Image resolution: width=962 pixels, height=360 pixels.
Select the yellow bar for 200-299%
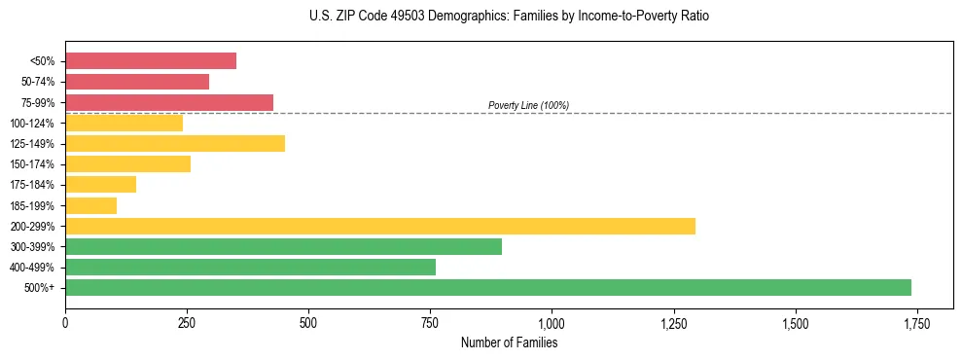(x=380, y=226)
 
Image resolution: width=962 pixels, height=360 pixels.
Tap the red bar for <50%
(x=151, y=60)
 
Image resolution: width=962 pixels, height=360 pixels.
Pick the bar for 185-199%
(x=90, y=205)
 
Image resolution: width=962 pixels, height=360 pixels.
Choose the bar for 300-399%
(x=283, y=246)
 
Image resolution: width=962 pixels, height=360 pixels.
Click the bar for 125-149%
(x=175, y=143)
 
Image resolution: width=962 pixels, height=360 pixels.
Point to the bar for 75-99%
(x=169, y=102)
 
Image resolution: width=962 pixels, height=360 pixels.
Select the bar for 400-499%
(x=250, y=267)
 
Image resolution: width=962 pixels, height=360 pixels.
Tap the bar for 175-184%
(x=100, y=185)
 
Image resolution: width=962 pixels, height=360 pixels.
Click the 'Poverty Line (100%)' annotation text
(x=528, y=105)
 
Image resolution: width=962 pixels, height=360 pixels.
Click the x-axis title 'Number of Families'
(x=509, y=342)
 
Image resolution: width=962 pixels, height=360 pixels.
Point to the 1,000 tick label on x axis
(x=552, y=323)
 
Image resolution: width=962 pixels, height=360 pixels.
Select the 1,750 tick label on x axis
(x=916, y=323)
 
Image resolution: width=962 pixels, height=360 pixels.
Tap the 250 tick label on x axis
(x=187, y=323)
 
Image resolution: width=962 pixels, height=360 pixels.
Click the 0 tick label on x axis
(x=65, y=323)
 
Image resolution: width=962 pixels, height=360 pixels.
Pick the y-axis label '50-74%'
(x=38, y=82)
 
